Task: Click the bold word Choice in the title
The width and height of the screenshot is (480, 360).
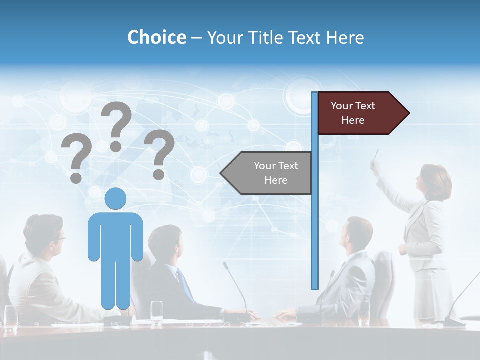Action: coord(156,37)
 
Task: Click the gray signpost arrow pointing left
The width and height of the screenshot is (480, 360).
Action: coord(267,173)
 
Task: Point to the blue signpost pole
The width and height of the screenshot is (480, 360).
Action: coord(315,225)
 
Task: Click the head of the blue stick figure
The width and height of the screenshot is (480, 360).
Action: coord(115,198)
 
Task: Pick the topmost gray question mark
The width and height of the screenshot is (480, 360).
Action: coord(116,125)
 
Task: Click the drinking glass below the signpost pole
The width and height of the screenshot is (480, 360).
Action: coord(364,312)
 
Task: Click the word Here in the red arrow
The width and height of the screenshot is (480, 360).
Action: coord(353,120)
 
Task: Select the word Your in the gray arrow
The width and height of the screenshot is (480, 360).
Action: coord(263,166)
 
